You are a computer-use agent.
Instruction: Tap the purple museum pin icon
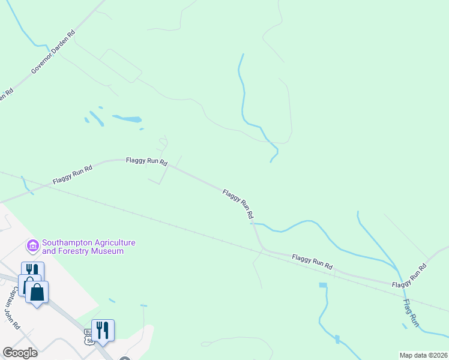click(x=32, y=246)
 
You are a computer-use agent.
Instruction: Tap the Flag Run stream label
click(x=411, y=313)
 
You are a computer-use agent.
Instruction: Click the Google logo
click(x=19, y=353)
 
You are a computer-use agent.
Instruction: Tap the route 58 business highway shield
click(x=89, y=336)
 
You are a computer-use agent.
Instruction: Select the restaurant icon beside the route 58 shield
click(x=103, y=329)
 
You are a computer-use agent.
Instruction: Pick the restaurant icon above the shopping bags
click(x=32, y=271)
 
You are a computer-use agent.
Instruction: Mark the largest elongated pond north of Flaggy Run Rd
click(x=127, y=118)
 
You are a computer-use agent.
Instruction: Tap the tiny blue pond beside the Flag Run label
click(x=403, y=326)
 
